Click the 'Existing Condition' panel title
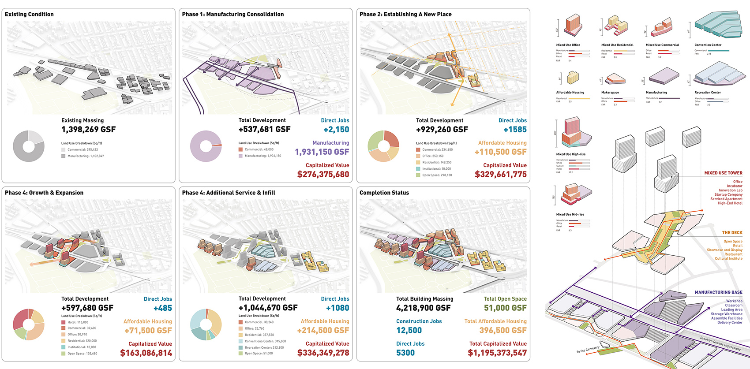[29, 14]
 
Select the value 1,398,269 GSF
[88, 130]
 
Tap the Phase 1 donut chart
[206, 146]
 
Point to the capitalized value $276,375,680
[323, 175]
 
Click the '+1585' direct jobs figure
[515, 130]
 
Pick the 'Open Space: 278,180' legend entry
[437, 175]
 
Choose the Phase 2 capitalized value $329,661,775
[501, 175]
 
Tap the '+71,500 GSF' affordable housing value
[148, 331]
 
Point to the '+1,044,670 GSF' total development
[268, 308]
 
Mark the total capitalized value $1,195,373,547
[497, 353]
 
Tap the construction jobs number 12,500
[409, 331]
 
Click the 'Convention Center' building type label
[708, 45]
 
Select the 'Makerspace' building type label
[610, 93]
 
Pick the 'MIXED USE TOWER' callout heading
[723, 173]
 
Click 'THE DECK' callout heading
[732, 232]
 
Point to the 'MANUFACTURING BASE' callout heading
[718, 292]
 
